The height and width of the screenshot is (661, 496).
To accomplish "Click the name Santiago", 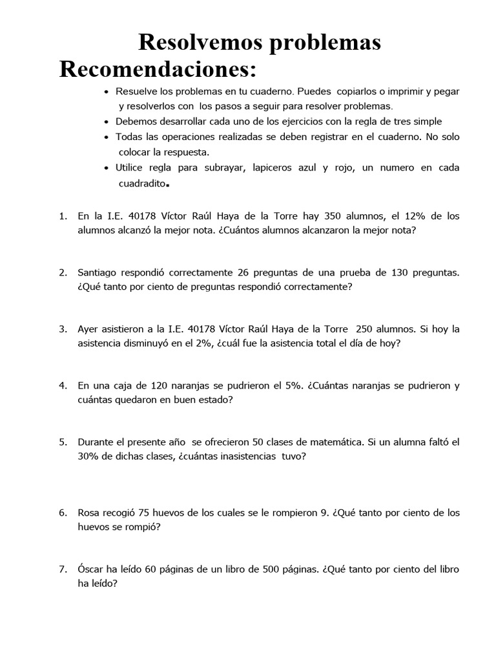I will pyautogui.click(x=98, y=273).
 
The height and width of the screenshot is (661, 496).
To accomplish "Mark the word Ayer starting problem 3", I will pyautogui.click(x=88, y=329).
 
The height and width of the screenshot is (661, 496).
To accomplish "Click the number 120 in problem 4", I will pyautogui.click(x=159, y=386).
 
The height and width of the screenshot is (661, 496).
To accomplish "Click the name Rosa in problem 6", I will pyautogui.click(x=88, y=513).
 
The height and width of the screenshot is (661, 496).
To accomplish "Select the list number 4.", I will pyautogui.click(x=63, y=386).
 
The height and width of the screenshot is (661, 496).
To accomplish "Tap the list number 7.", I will pyautogui.click(x=63, y=569).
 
